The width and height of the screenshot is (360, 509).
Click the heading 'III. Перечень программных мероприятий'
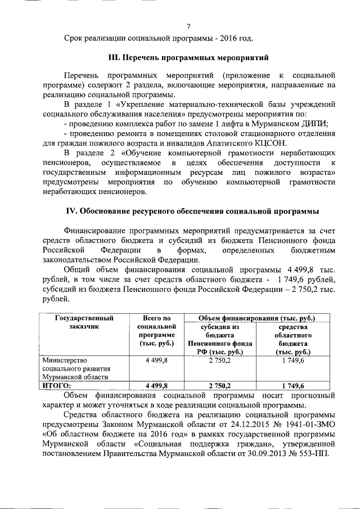pos(189,57)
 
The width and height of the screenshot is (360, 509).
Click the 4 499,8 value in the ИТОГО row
pos(157,385)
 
